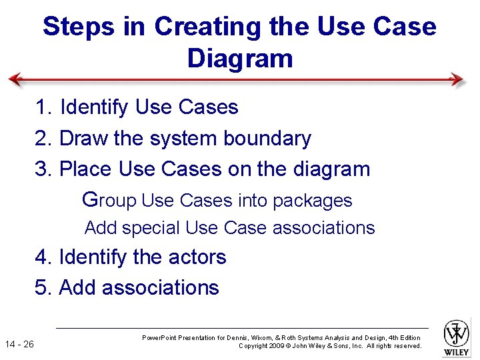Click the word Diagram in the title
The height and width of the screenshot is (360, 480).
point(240,58)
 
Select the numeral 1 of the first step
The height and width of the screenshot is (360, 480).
point(41,107)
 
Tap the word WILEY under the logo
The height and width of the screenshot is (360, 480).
point(457,351)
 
